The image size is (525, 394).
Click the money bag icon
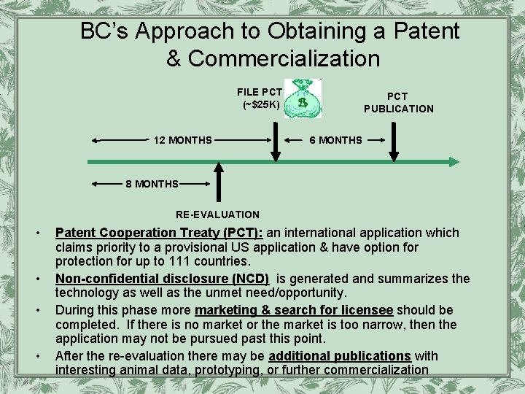click(302, 98)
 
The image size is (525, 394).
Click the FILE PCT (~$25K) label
click(260, 98)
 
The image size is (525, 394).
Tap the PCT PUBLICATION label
click(399, 102)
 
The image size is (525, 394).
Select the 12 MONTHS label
click(183, 140)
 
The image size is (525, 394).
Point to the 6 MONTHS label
click(336, 140)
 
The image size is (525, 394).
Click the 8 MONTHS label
click(152, 184)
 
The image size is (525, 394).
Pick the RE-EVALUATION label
click(217, 215)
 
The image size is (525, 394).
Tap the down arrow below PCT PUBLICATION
click(394, 142)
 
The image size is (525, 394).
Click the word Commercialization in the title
click(284, 58)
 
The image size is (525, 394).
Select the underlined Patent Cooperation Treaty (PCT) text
click(159, 233)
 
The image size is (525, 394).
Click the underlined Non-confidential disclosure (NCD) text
click(162, 279)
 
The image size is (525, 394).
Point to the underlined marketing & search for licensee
click(294, 310)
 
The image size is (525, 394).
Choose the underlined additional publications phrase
click(340, 356)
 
